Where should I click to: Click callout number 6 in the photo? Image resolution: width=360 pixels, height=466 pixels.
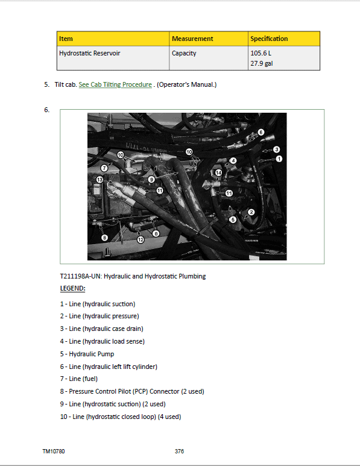261,131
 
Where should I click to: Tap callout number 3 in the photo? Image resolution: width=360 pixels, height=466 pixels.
276,149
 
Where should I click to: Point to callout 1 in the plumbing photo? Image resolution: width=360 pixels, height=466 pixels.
279,159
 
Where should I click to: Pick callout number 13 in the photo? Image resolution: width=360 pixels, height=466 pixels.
100,180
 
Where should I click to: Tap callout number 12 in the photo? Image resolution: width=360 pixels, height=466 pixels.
140,239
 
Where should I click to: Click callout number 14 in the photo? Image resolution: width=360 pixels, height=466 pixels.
219,173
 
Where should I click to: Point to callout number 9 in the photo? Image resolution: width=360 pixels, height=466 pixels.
151,179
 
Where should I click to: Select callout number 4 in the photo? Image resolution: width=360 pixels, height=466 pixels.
233,161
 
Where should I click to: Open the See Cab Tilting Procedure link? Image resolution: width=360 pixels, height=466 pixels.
115,84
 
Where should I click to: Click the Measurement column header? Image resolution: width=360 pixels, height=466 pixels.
192,39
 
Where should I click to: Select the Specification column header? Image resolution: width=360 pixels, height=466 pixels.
269,39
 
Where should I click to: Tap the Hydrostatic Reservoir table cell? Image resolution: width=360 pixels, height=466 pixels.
90,53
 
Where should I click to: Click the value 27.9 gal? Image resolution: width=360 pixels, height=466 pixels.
261,63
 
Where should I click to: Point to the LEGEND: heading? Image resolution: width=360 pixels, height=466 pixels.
72,289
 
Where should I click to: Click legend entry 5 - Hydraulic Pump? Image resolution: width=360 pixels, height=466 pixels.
87,354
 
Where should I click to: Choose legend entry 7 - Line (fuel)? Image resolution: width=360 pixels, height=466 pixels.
78,379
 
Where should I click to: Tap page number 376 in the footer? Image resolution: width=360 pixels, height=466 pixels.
179,451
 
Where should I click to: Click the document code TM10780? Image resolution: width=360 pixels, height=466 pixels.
54,451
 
